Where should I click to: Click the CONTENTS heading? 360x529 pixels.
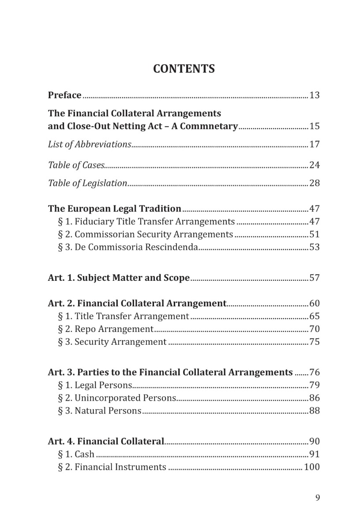coord(184,69)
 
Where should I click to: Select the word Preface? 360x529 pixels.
coord(64,95)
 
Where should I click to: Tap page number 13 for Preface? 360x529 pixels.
coord(315,95)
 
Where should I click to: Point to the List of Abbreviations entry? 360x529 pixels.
coord(90,144)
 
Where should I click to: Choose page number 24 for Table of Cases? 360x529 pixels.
coord(315,165)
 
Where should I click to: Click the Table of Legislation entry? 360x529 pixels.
coord(87,183)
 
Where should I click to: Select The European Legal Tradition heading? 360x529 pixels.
coord(115,209)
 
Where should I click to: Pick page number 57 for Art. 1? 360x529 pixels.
coord(315,278)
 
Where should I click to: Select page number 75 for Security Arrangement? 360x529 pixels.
coord(315,342)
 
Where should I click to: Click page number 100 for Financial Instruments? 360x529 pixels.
coord(312,467)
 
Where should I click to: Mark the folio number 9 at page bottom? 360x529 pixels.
coord(318,498)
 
